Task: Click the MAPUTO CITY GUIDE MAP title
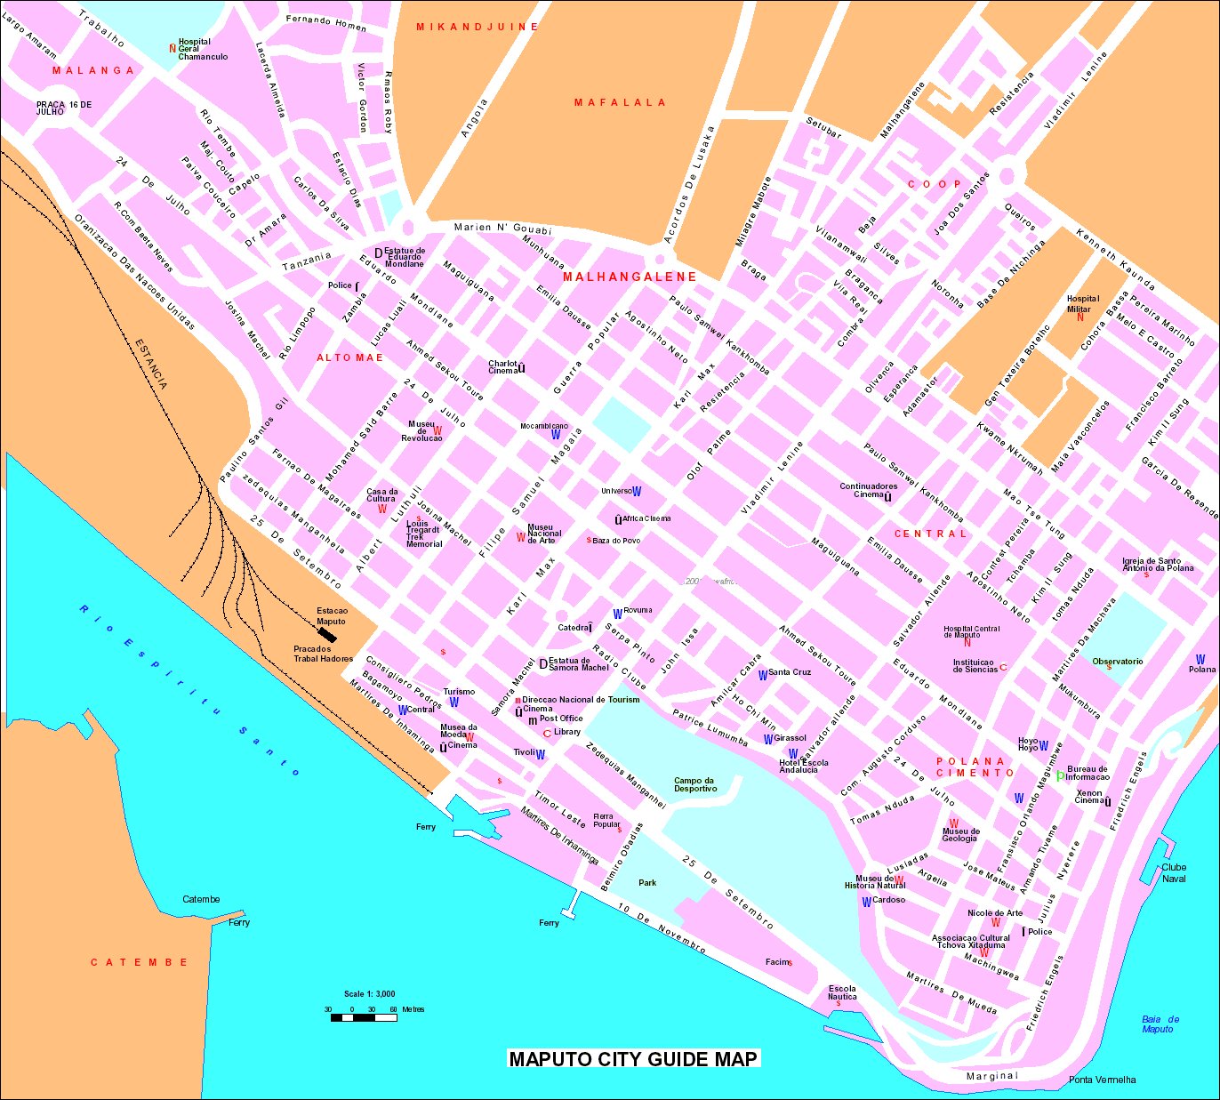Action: tap(633, 1058)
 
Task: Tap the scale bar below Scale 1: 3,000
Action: tap(364, 1017)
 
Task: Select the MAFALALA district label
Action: tap(620, 102)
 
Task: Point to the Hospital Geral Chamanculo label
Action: tap(202, 49)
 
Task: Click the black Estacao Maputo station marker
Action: tap(331, 635)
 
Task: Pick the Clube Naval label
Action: tap(1174, 872)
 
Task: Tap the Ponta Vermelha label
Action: tap(1102, 1080)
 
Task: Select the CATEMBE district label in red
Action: tap(140, 962)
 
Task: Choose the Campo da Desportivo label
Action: tap(694, 784)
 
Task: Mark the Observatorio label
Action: tap(1117, 661)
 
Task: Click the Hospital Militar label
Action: tap(1082, 303)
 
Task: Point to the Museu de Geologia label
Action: tap(960, 835)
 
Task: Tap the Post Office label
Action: tap(561, 719)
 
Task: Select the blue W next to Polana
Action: tap(1200, 659)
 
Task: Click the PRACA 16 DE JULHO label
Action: tap(63, 108)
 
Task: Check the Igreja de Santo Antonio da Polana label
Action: tap(1157, 565)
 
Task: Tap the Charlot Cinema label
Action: tap(503, 366)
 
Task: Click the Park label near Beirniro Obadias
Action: tap(647, 882)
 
